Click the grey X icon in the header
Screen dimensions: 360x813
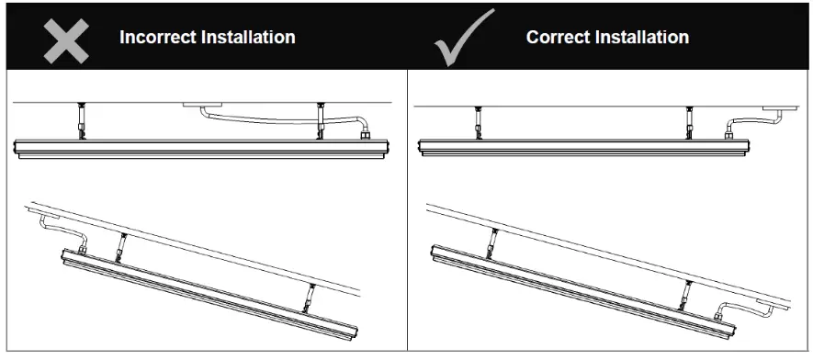[66, 38]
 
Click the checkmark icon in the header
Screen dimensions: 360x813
[465, 39]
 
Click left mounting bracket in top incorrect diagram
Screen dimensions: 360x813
[82, 120]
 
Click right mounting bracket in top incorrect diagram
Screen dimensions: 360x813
[320, 120]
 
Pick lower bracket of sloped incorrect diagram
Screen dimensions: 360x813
[311, 297]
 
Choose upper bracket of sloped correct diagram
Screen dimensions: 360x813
[494, 241]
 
